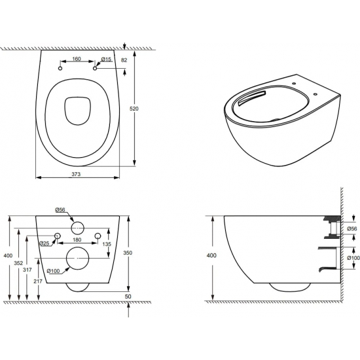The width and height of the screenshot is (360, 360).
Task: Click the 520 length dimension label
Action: (x=134, y=109)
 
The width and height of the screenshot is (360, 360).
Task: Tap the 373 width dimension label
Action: (x=76, y=174)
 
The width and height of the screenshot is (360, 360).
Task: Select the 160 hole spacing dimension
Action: (x=77, y=59)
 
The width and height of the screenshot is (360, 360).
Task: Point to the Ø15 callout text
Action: (x=106, y=59)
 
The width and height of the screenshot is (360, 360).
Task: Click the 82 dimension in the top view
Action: (x=124, y=60)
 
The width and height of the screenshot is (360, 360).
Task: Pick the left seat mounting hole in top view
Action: (x=60, y=69)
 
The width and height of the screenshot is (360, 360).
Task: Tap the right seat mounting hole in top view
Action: (x=95, y=69)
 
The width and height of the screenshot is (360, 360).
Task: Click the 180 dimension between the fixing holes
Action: (x=77, y=240)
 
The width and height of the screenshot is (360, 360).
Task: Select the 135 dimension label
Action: (x=107, y=244)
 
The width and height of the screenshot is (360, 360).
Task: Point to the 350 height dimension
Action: (x=128, y=253)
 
